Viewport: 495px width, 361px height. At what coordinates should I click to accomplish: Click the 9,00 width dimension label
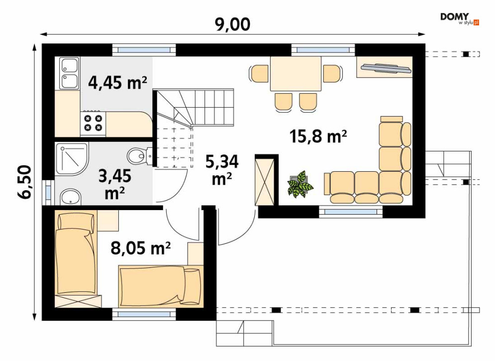tap(233, 24)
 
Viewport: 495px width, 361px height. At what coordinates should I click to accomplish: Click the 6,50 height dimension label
tap(24, 182)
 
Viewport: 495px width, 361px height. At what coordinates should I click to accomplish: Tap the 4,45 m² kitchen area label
tap(117, 83)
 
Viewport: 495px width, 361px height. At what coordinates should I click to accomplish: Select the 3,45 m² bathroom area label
tap(114, 184)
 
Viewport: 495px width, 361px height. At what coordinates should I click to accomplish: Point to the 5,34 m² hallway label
tap(222, 170)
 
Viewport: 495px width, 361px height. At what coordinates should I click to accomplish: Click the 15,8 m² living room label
tap(318, 136)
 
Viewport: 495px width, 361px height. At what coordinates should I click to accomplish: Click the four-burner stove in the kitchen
tap(93, 123)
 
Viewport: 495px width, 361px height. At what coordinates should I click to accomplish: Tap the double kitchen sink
tap(69, 73)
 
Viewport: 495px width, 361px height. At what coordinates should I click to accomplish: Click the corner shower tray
tap(72, 159)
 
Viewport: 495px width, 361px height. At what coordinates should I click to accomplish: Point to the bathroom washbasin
tap(71, 197)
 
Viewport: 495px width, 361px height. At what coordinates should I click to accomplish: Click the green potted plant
tap(300, 185)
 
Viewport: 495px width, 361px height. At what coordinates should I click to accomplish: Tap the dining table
tap(296, 74)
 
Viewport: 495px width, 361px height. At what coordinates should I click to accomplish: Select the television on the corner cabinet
tap(387, 68)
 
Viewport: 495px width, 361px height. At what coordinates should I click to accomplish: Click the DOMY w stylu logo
tap(460, 18)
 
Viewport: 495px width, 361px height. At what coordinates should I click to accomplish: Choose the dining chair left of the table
tap(259, 73)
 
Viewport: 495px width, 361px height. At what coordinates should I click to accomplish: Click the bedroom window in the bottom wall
tap(144, 314)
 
